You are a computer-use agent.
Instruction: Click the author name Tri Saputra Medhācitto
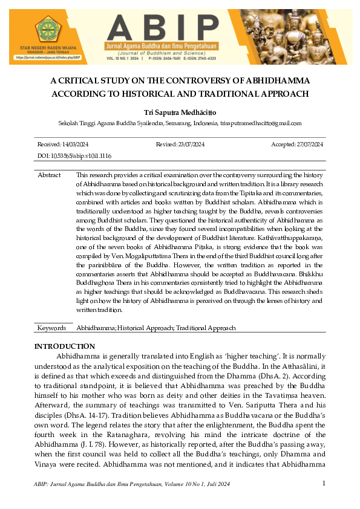[x=180, y=112]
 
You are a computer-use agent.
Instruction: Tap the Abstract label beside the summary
[x=49, y=175]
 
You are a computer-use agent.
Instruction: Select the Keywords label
[x=51, y=328]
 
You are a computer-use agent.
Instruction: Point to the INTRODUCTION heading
[x=65, y=346]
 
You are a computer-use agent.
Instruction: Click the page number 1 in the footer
[x=324, y=483]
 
